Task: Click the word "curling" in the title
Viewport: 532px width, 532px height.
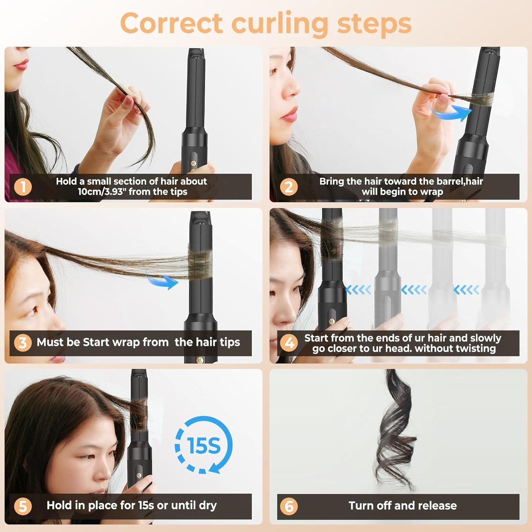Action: (279, 24)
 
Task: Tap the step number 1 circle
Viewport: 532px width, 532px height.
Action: (23, 187)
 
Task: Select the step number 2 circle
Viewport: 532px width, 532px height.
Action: (289, 187)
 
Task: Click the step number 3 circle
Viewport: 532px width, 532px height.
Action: (22, 343)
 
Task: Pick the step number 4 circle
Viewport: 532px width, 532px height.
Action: (289, 343)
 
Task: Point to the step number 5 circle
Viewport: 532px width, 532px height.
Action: (23, 506)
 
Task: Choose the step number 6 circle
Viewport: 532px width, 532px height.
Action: (289, 506)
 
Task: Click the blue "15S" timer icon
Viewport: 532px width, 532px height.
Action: (204, 445)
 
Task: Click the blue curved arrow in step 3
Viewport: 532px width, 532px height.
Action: (163, 281)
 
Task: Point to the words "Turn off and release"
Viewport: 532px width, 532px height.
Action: (402, 506)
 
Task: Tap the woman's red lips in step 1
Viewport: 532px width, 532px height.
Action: (21, 66)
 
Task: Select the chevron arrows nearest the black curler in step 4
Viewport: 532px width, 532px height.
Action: (358, 290)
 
